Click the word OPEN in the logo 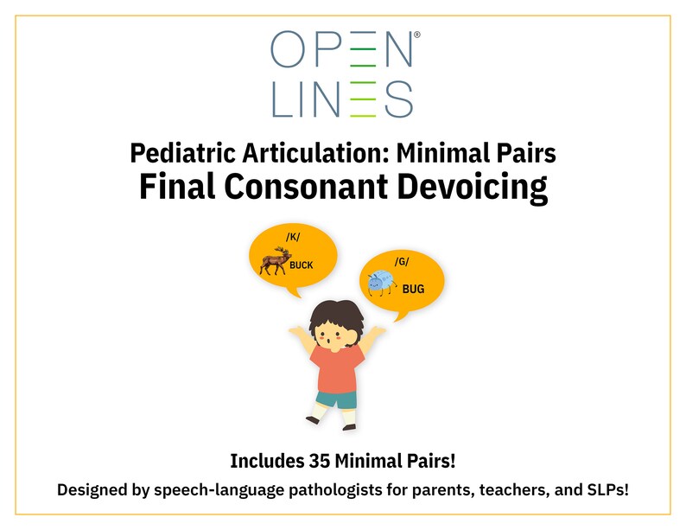click(x=342, y=49)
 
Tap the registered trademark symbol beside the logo click(x=417, y=35)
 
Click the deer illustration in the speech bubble click(x=276, y=260)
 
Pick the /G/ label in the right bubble click(x=401, y=261)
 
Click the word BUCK click(x=301, y=265)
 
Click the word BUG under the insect click(x=413, y=290)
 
